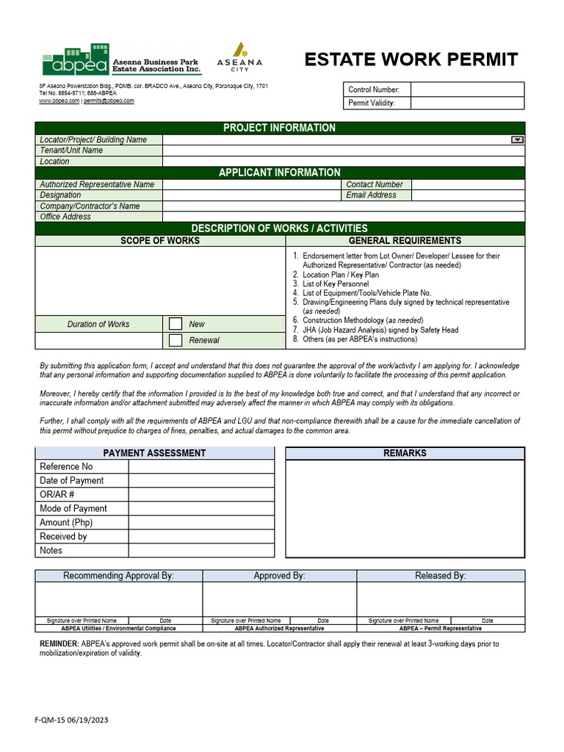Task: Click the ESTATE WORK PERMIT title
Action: click(x=411, y=59)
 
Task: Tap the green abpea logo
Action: click(x=74, y=60)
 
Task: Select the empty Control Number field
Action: click(x=467, y=90)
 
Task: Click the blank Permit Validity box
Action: click(x=467, y=103)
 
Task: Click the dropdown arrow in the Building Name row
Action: click(x=516, y=140)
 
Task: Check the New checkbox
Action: click(x=176, y=324)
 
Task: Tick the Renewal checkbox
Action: click(x=176, y=340)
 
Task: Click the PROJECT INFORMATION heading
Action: click(x=279, y=128)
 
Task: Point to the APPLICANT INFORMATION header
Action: click(x=279, y=173)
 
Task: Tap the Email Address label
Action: click(x=371, y=195)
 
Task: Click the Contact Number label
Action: click(x=374, y=184)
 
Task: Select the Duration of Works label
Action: click(x=98, y=324)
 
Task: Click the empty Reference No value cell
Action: click(x=201, y=466)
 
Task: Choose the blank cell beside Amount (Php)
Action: click(x=201, y=522)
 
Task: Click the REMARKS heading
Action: click(x=405, y=453)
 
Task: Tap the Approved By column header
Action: click(x=279, y=576)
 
